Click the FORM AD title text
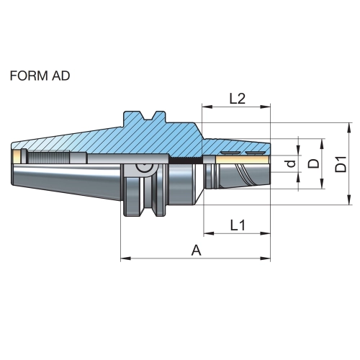pyautogui.click(x=40, y=76)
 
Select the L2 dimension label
pyautogui.click(x=238, y=99)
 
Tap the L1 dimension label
pyautogui.click(x=238, y=225)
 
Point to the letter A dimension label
pyautogui.click(x=196, y=251)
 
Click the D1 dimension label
pyautogui.click(x=341, y=164)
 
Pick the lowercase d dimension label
pyautogui.click(x=291, y=163)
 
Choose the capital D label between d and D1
pyautogui.click(x=313, y=164)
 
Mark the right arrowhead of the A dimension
pyautogui.click(x=265, y=258)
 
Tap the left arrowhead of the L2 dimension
pyautogui.click(x=207, y=107)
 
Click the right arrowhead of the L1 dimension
pyautogui.click(x=265, y=233)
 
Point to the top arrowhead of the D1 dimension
pyautogui.click(x=348, y=128)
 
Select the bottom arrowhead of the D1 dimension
pyautogui.click(x=348, y=199)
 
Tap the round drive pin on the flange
pyautogui.click(x=145, y=168)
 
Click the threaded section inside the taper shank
pyautogui.click(x=49, y=157)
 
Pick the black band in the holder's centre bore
pyautogui.click(x=186, y=160)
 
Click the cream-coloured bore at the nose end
pyautogui.click(x=243, y=159)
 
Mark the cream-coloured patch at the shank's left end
pyautogui.click(x=17, y=156)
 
